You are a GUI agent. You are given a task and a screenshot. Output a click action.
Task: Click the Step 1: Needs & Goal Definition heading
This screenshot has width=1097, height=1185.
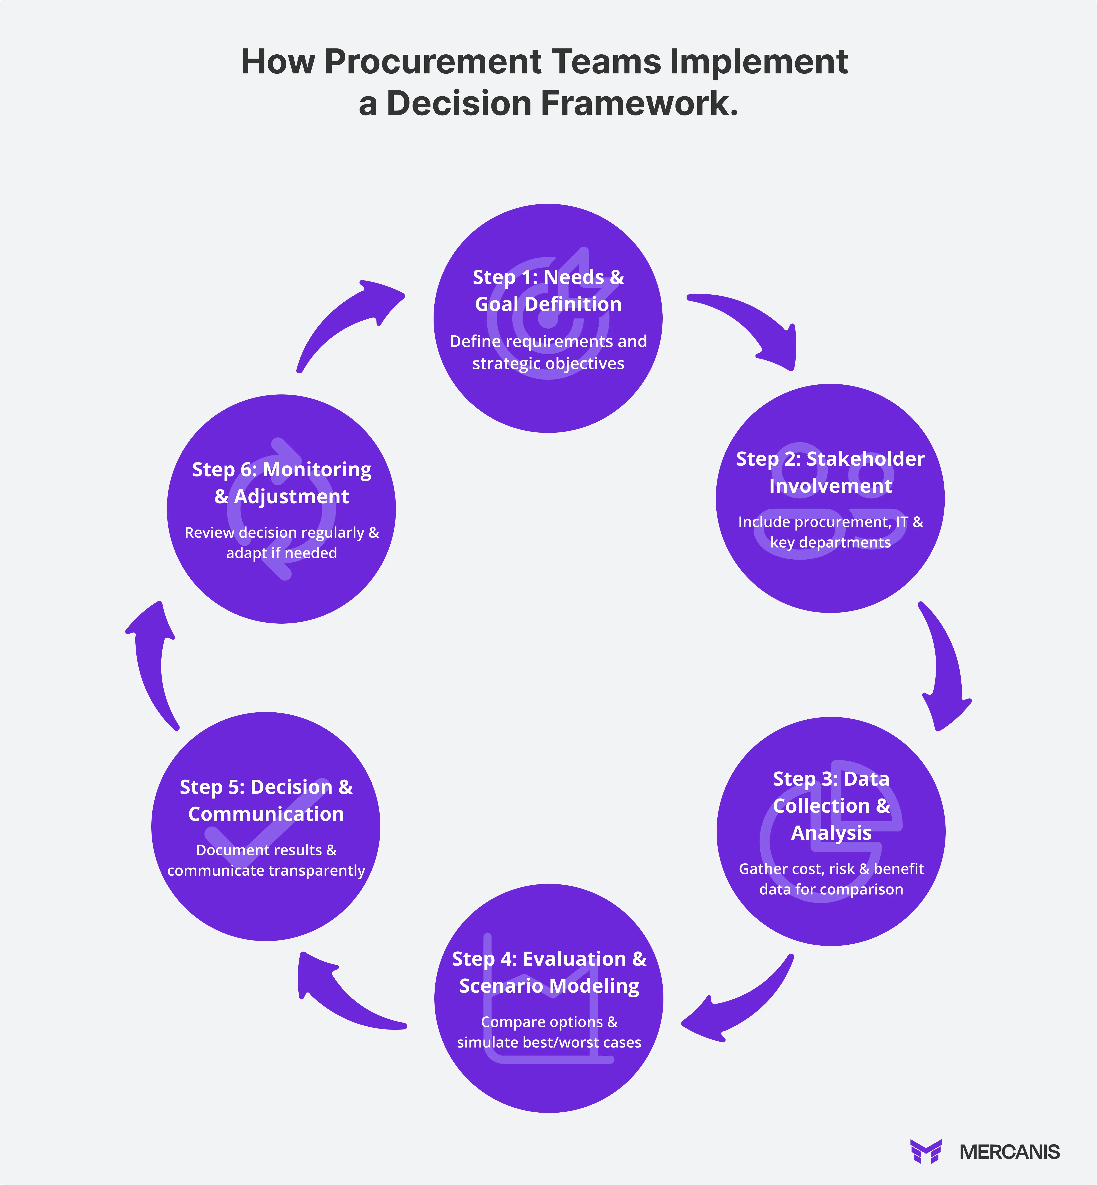548,291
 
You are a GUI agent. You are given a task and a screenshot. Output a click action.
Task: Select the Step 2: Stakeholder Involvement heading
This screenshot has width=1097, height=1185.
830,472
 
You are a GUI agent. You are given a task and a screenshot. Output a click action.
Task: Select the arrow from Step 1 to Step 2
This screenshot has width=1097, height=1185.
754,324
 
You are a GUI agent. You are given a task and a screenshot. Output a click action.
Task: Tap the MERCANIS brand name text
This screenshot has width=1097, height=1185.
1009,1152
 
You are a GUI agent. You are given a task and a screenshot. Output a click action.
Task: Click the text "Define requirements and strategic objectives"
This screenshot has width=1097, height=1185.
548,352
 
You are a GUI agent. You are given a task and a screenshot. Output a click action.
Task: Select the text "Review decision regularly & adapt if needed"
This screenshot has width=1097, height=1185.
281,542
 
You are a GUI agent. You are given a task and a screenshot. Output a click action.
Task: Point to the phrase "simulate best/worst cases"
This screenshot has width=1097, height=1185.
549,1042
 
